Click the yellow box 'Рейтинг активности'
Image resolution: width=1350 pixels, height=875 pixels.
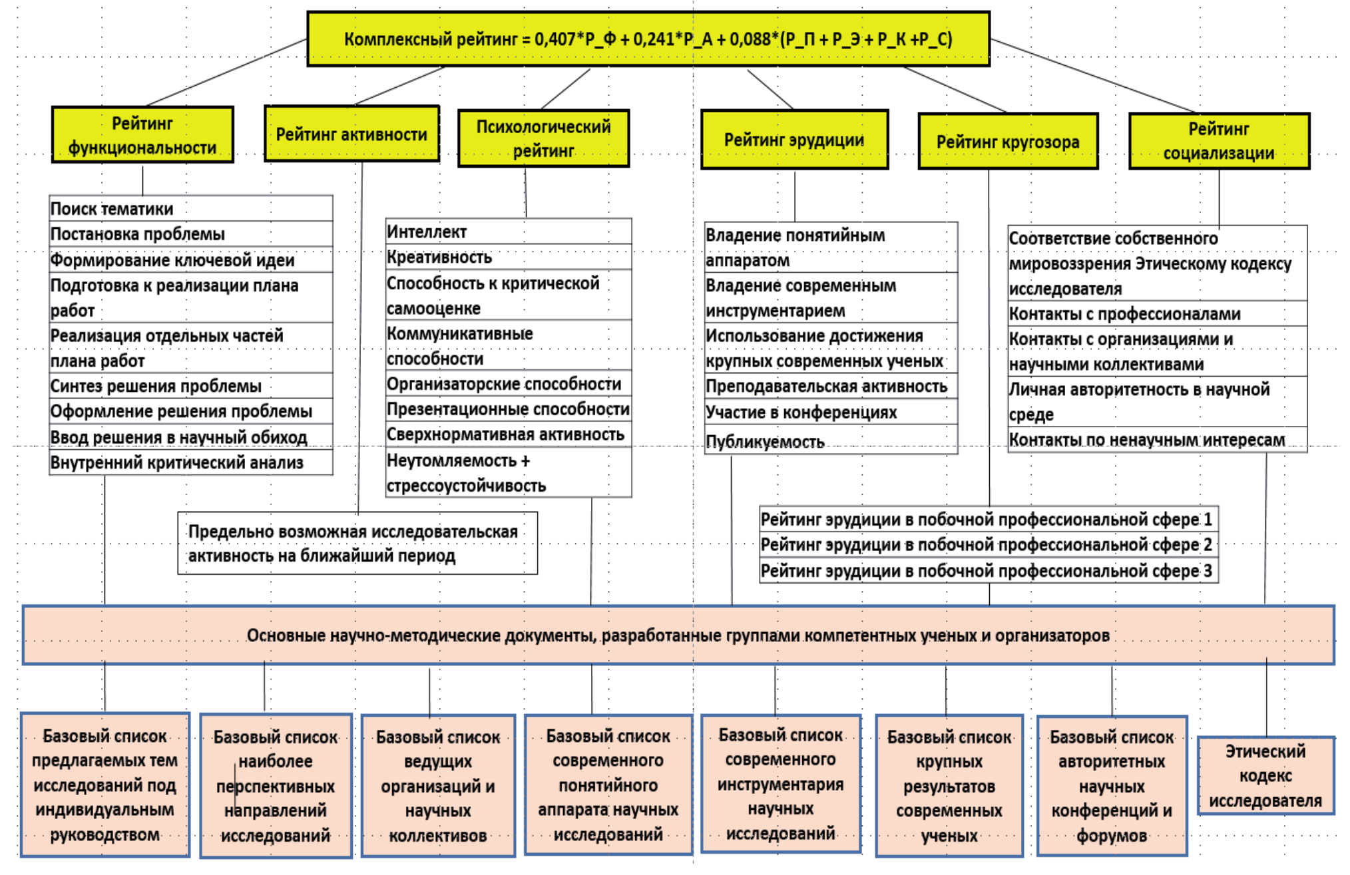pos(351,134)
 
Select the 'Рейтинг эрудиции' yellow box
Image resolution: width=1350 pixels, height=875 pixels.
pos(794,140)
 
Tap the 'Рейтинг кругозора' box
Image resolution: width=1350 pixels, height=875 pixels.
pos(1008,142)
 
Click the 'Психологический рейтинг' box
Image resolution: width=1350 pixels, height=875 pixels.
pos(543,138)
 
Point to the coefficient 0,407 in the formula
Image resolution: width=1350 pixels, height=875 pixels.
pos(555,39)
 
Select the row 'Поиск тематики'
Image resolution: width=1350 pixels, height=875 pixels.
pos(190,209)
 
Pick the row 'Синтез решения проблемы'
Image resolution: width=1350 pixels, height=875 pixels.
pos(190,386)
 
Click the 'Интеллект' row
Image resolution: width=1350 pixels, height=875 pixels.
pos(508,232)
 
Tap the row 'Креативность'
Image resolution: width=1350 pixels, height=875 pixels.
pos(508,257)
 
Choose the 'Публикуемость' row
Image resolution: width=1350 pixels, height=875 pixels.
pos(831,441)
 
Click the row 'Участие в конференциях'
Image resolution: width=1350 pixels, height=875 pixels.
pos(831,412)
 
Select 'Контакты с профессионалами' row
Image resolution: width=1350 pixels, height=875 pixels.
pos(1157,313)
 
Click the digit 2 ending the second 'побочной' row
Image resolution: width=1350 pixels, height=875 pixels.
pos(1208,545)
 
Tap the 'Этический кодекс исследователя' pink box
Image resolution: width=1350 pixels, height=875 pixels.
pos(1265,775)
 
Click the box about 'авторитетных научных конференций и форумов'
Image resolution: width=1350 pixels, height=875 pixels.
pos(1112,786)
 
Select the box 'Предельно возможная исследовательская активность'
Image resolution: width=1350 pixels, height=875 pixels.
pos(357,543)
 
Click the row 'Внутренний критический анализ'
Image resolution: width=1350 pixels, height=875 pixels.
pos(190,462)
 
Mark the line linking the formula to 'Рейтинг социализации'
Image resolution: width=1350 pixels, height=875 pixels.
pos(1092,75)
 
